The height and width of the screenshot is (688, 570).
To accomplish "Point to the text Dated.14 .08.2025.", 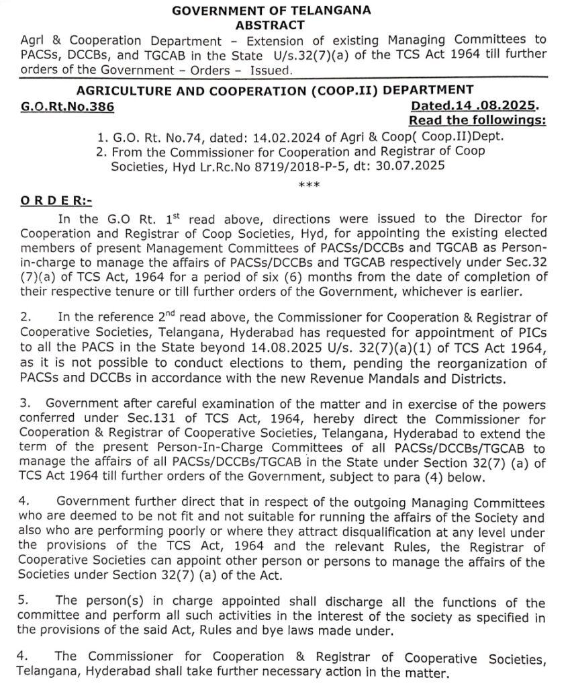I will tap(475, 106).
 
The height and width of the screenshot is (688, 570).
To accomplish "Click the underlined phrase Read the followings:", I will tap(477, 120).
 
